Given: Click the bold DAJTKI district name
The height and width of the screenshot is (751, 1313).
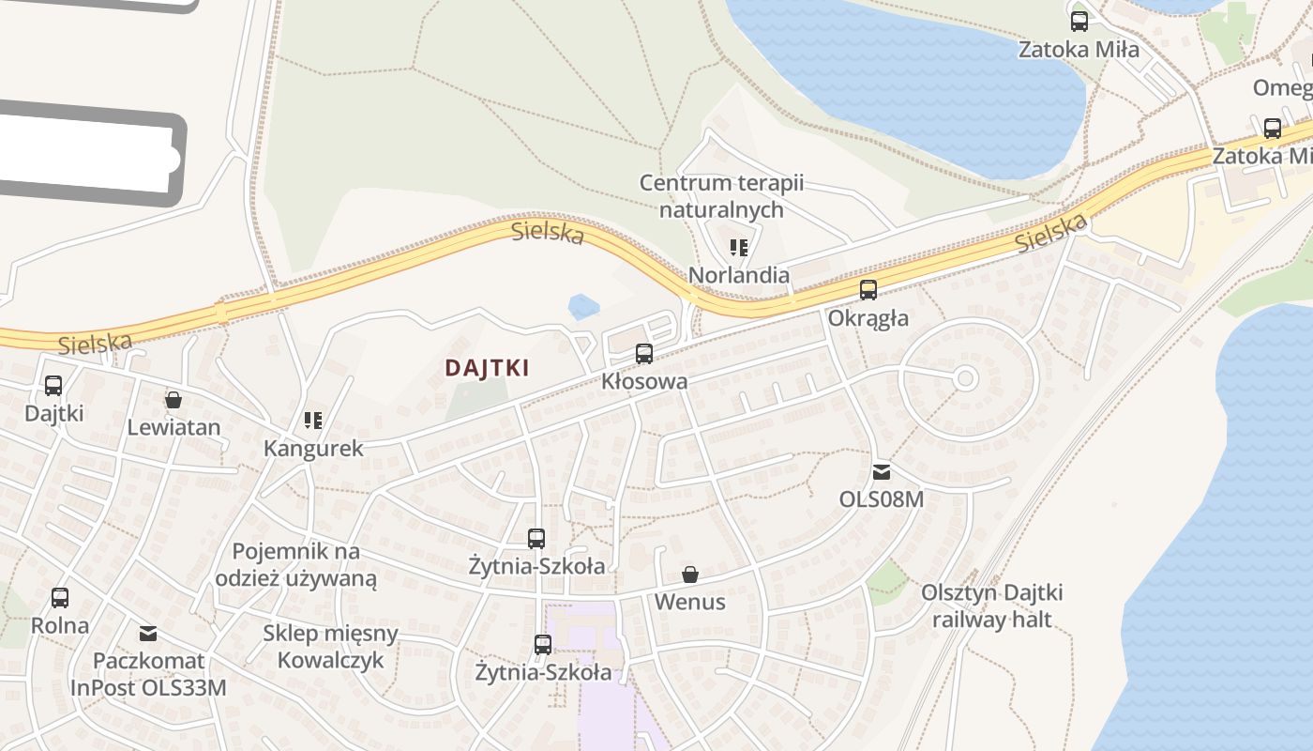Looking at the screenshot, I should [487, 368].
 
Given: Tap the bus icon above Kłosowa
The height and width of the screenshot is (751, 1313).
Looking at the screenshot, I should [644, 354].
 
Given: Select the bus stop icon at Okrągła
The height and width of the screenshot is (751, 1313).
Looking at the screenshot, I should [868, 290].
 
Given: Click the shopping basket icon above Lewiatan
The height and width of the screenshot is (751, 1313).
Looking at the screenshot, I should [174, 400].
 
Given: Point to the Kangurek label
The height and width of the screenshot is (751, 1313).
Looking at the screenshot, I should [313, 448].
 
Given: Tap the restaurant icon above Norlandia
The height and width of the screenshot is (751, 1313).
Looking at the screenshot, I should [739, 248].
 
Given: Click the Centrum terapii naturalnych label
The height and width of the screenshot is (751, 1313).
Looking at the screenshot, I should [721, 196].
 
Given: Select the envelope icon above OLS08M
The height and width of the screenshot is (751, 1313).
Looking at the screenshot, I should [882, 471].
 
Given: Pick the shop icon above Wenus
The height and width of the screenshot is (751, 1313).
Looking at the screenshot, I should [690, 575].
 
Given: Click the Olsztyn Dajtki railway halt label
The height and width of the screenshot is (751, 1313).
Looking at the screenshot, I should [991, 606].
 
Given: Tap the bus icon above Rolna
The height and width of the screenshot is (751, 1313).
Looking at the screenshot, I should [60, 598].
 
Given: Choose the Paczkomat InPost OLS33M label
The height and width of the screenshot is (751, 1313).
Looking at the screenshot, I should [149, 674].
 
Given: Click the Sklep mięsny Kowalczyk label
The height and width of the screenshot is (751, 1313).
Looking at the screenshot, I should [330, 646].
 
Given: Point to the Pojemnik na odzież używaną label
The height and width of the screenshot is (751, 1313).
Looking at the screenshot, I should [296, 564].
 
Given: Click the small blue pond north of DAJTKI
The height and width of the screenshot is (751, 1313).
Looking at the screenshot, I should [583, 306].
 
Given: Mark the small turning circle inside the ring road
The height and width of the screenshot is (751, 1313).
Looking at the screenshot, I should [966, 378].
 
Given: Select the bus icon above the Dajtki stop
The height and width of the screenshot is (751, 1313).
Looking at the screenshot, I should [53, 386].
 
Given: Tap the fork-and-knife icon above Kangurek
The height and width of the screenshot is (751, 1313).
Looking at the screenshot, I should [313, 421].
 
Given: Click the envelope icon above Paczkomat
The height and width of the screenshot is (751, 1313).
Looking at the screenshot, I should [148, 633].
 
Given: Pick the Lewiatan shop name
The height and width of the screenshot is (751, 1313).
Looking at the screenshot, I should [174, 428].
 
